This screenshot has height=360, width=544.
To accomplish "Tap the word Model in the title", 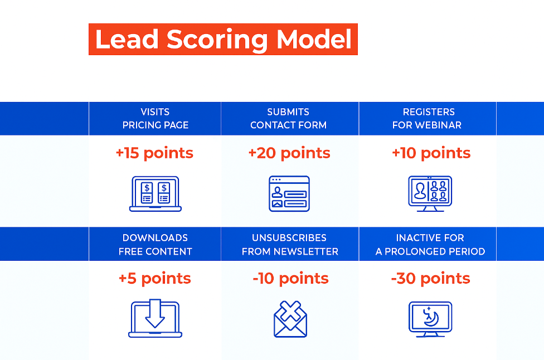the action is pos(314,39).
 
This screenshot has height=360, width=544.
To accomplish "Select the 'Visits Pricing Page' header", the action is pos(155,118).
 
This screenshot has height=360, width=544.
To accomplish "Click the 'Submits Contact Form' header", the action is pos(288,118).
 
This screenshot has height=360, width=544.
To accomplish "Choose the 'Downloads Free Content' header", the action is pos(155,245).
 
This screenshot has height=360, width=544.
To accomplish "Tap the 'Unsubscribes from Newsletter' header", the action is pos(290,245).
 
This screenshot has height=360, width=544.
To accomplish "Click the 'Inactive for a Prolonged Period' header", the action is pos(430,245).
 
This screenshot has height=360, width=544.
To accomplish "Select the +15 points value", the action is pos(154,153).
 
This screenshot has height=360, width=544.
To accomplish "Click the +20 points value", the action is pos(289,153).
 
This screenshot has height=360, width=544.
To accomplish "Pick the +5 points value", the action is pos(155,279).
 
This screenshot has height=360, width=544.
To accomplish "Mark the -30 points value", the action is pos(430,279).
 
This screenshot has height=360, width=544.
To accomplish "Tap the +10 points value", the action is pos(431,153).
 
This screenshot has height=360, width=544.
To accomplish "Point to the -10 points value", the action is pos(291,279).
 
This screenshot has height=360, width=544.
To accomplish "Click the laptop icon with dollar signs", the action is pos(156,194).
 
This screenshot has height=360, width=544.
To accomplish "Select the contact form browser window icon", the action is pos(289,194).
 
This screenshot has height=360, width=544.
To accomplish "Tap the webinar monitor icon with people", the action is pos(430,194).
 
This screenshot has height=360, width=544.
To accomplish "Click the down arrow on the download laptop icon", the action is pos(155,314).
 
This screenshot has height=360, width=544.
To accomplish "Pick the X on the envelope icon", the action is pos(290,311).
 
